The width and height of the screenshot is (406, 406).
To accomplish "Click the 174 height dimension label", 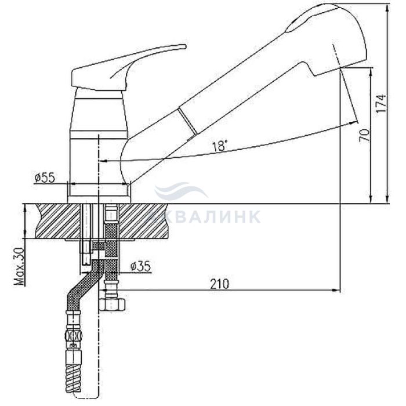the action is [x=381, y=103].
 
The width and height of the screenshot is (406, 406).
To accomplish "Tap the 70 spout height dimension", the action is [x=364, y=135].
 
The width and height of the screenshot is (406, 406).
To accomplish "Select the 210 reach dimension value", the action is [x=220, y=284].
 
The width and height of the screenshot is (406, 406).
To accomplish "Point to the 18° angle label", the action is [x=220, y=146].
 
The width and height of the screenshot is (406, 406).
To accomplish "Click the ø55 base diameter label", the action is [x=45, y=178].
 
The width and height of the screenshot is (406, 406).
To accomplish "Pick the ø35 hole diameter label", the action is [x=140, y=266].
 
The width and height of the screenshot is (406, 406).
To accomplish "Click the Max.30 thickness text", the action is [x=19, y=266].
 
